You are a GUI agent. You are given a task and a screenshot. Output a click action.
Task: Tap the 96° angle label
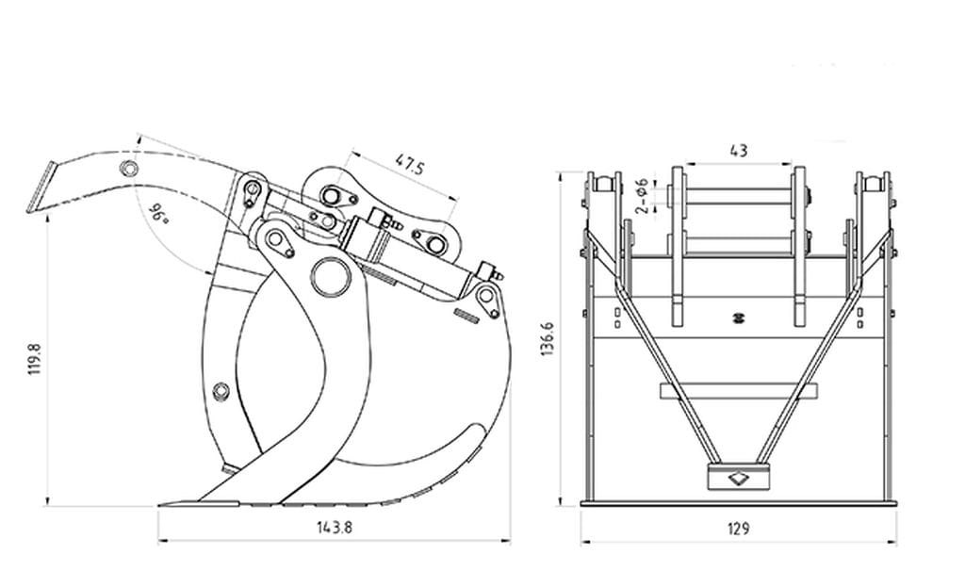pyautogui.click(x=159, y=215)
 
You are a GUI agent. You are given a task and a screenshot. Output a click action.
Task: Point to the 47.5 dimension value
pyautogui.click(x=409, y=165)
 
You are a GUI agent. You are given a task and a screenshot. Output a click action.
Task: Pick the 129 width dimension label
pyautogui.click(x=739, y=529)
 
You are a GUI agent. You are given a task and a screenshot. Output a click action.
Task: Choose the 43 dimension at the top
pyautogui.click(x=739, y=150)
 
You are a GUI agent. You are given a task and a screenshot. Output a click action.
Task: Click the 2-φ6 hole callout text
pyautogui.click(x=642, y=194)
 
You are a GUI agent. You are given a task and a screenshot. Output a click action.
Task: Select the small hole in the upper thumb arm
pyautogui.click(x=128, y=169)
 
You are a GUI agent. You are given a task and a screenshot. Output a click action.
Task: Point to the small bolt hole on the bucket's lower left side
pyautogui.click(x=221, y=391)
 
